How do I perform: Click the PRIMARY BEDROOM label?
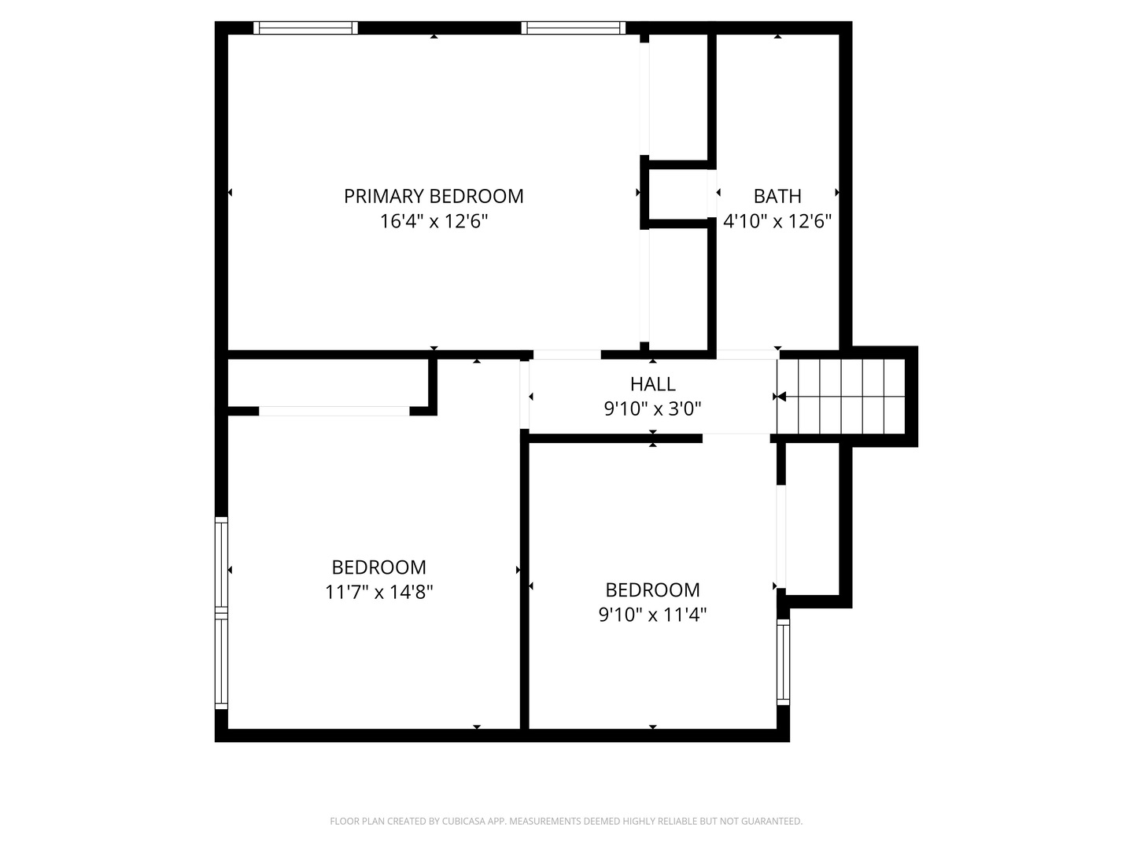[434, 196]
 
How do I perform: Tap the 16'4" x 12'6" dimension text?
[434, 221]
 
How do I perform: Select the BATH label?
[777, 196]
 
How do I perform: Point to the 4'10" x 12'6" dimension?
[777, 221]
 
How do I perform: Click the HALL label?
[652, 384]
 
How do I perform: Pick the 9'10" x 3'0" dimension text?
[652, 408]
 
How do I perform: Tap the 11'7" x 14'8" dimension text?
[379, 592]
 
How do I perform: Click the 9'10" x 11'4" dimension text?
[652, 615]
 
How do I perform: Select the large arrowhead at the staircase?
[781, 397]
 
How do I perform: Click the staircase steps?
[841, 397]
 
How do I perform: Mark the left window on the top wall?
[305, 28]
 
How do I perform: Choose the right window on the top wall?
[573, 28]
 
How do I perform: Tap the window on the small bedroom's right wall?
[783, 662]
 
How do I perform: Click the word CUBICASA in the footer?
[463, 821]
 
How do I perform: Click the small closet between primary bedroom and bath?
[677, 194]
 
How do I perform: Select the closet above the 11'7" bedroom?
[328, 382]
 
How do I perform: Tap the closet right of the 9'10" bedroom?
[812, 520]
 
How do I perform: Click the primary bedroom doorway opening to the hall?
[566, 354]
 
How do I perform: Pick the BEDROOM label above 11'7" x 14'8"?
[379, 567]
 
